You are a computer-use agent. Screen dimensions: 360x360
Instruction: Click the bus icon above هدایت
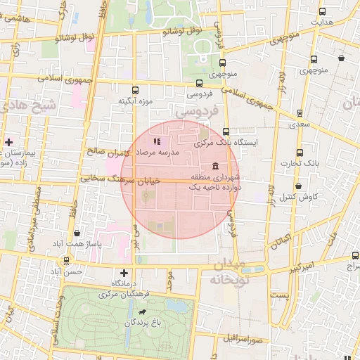tap(322, 12)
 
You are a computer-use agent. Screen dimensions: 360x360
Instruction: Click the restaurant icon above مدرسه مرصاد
tap(156, 141)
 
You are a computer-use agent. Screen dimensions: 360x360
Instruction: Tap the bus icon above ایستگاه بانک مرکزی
tap(226, 131)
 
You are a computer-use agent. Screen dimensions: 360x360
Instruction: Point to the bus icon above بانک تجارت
tap(300, 153)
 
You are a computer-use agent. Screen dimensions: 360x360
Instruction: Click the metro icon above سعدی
tap(300, 112)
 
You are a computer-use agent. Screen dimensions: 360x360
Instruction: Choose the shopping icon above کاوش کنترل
tap(299, 187)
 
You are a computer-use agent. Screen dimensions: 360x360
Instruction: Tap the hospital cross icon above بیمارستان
tap(8, 142)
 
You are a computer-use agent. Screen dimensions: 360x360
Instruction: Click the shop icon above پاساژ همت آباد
tap(77, 233)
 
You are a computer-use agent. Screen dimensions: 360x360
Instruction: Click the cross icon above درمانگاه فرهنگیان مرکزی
tap(124, 273)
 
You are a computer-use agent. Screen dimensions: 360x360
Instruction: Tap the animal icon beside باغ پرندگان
tap(143, 311)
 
